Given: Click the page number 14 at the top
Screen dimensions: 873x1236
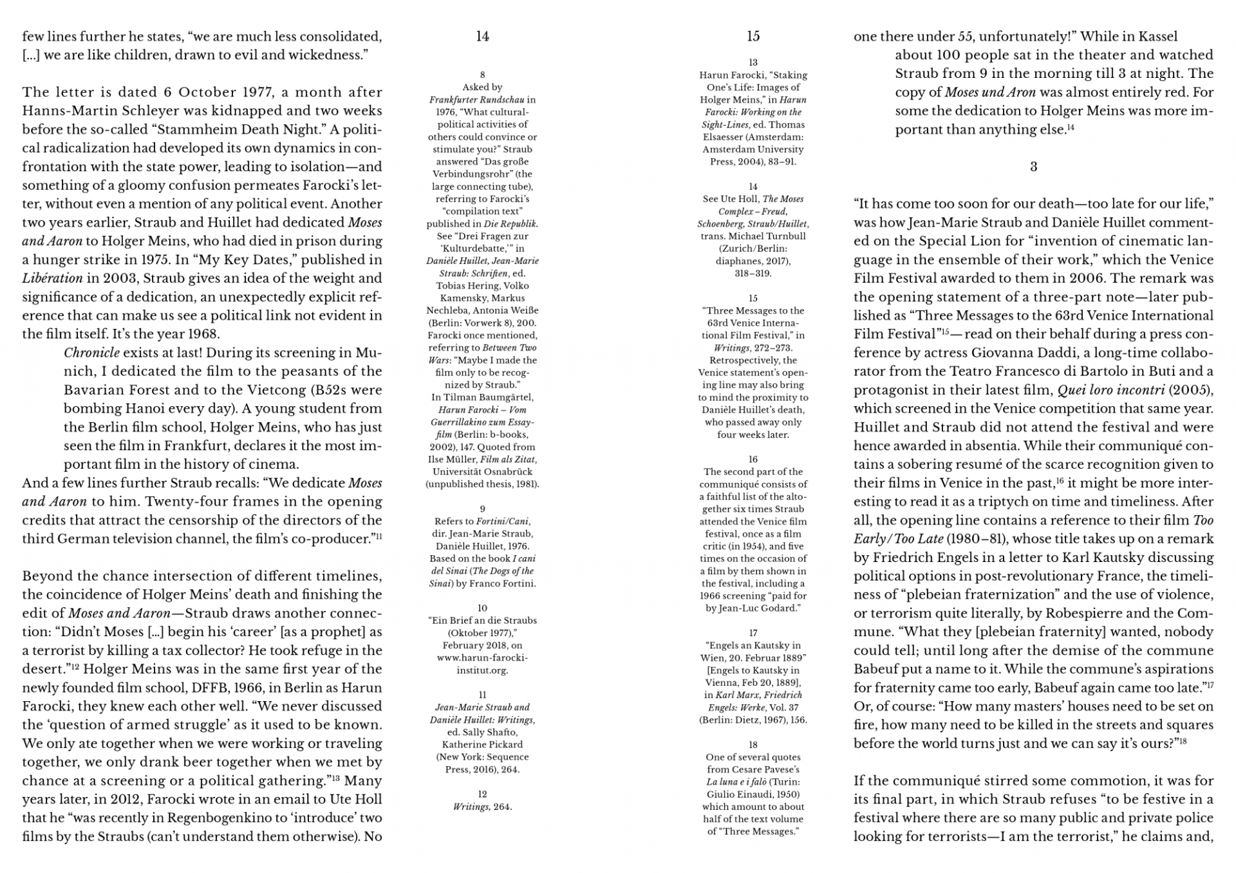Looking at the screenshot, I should point(482,37).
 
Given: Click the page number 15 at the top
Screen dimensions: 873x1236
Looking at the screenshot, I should point(753,37).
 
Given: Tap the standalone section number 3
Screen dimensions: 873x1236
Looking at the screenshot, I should point(1033,167).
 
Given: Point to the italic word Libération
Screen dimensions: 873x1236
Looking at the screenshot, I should point(52,279).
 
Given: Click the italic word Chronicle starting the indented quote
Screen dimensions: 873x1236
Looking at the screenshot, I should point(91,353).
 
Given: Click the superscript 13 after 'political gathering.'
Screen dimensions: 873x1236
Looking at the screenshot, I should point(335,778).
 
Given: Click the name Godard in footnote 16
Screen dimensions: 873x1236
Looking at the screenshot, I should point(783,608).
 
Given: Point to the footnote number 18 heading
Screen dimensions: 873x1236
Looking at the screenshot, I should point(753,745).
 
